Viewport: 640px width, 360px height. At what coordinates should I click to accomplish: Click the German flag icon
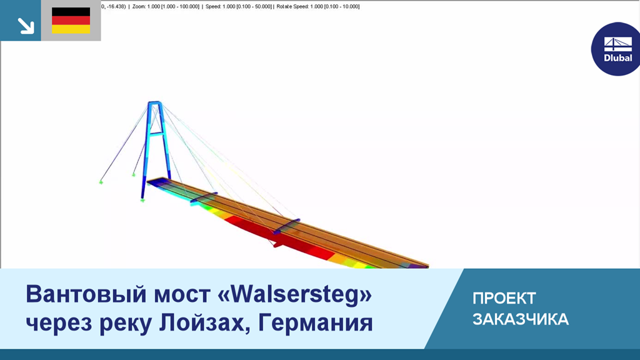(x=71, y=21)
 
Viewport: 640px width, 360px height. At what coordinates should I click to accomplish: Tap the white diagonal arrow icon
(x=26, y=26)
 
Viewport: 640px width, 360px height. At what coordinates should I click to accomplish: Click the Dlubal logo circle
(x=616, y=49)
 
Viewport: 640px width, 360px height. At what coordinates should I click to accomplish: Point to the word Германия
(x=316, y=323)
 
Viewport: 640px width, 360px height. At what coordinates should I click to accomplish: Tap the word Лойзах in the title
(x=204, y=323)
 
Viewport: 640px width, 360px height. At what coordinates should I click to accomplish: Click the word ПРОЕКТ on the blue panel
(x=504, y=298)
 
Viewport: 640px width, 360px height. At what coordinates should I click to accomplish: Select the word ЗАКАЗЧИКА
(x=521, y=319)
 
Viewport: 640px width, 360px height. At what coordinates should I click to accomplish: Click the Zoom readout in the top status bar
(x=166, y=6)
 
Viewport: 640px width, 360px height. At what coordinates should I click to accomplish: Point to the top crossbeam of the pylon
(x=155, y=102)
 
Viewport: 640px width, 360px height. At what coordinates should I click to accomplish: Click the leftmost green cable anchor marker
(x=101, y=182)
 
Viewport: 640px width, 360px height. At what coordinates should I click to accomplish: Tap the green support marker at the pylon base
(x=142, y=201)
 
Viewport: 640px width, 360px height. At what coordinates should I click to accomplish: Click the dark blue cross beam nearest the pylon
(x=204, y=197)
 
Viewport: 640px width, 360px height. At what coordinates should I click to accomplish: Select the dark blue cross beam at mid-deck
(x=286, y=226)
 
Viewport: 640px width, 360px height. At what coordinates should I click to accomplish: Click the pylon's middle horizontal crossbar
(x=156, y=132)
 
